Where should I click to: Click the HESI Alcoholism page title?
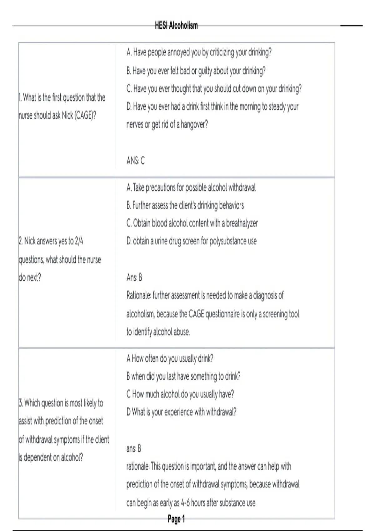tap(176, 26)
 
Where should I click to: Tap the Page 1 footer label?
tap(176, 519)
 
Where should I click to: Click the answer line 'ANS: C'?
tap(136, 161)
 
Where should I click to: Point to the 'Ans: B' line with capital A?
tap(134, 277)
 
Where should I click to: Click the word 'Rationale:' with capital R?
tap(138, 295)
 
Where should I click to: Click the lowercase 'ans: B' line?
tap(134, 449)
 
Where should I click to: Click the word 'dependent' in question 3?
tap(37, 458)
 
